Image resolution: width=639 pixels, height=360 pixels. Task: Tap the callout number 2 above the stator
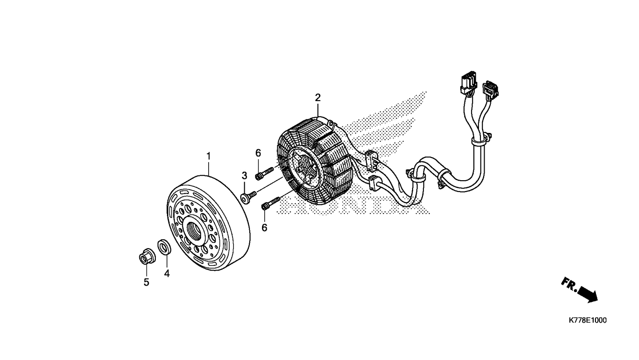318,98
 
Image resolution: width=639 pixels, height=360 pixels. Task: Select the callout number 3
244,176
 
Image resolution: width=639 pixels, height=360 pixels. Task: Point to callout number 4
167,273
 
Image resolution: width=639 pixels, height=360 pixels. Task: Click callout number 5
146,282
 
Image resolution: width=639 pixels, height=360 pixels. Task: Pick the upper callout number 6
258,153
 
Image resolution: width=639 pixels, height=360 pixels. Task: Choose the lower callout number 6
264,228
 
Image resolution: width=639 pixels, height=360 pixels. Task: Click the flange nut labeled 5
145,257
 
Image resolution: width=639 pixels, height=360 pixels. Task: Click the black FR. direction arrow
588,294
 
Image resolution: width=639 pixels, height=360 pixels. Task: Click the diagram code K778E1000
588,321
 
